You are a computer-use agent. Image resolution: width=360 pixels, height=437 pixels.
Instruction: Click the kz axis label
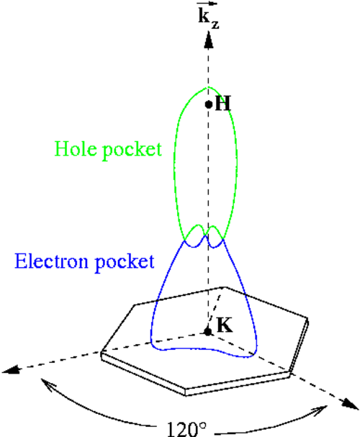(208, 17)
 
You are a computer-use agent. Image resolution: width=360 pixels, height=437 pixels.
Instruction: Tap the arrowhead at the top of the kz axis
(208, 40)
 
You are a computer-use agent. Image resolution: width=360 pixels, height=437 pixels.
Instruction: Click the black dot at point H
(209, 104)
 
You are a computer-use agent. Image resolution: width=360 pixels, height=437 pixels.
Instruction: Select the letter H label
(223, 104)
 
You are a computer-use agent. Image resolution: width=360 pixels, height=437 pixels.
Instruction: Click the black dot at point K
(208, 332)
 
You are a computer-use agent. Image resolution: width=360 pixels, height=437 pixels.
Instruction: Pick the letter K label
(225, 325)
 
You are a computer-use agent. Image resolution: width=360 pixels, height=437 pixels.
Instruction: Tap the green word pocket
(132, 150)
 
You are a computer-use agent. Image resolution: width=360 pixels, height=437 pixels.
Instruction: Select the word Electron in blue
(51, 261)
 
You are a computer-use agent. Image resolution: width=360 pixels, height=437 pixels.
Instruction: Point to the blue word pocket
(125, 263)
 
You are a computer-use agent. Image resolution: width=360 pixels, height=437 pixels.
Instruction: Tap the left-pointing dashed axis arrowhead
(11, 369)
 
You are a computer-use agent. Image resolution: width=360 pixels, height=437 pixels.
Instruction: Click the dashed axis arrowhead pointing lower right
(350, 404)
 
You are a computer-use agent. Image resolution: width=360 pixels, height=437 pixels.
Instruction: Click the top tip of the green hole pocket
(207, 88)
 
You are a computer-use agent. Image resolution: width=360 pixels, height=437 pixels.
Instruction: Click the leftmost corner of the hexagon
(101, 353)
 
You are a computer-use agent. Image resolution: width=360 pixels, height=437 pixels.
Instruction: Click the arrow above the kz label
(207, 4)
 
